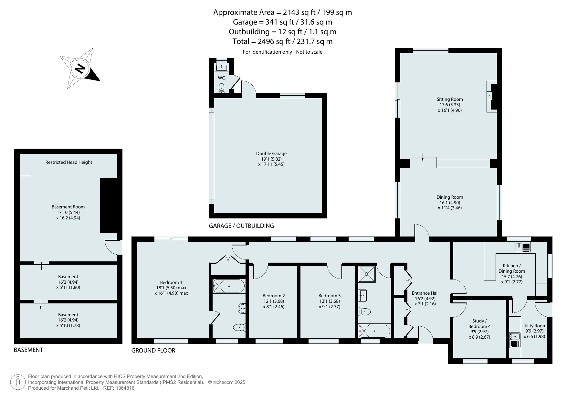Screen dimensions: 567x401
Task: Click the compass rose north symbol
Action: click(x=80, y=69)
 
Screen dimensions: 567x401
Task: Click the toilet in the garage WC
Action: click(x=222, y=88)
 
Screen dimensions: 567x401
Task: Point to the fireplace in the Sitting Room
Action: click(x=492, y=96)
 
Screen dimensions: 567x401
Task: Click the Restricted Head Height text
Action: click(x=69, y=162)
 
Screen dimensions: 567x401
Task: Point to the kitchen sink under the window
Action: click(x=522, y=248)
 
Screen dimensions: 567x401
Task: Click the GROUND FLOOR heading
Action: click(x=153, y=351)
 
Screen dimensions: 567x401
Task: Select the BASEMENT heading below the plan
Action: click(x=28, y=350)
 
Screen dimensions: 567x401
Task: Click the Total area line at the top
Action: click(x=282, y=41)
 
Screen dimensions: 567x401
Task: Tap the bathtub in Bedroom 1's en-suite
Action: click(x=228, y=286)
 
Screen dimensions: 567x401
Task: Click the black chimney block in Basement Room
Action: click(x=109, y=206)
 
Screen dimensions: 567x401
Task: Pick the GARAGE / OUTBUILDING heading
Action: click(x=241, y=226)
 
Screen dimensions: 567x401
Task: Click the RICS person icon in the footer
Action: click(x=18, y=382)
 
